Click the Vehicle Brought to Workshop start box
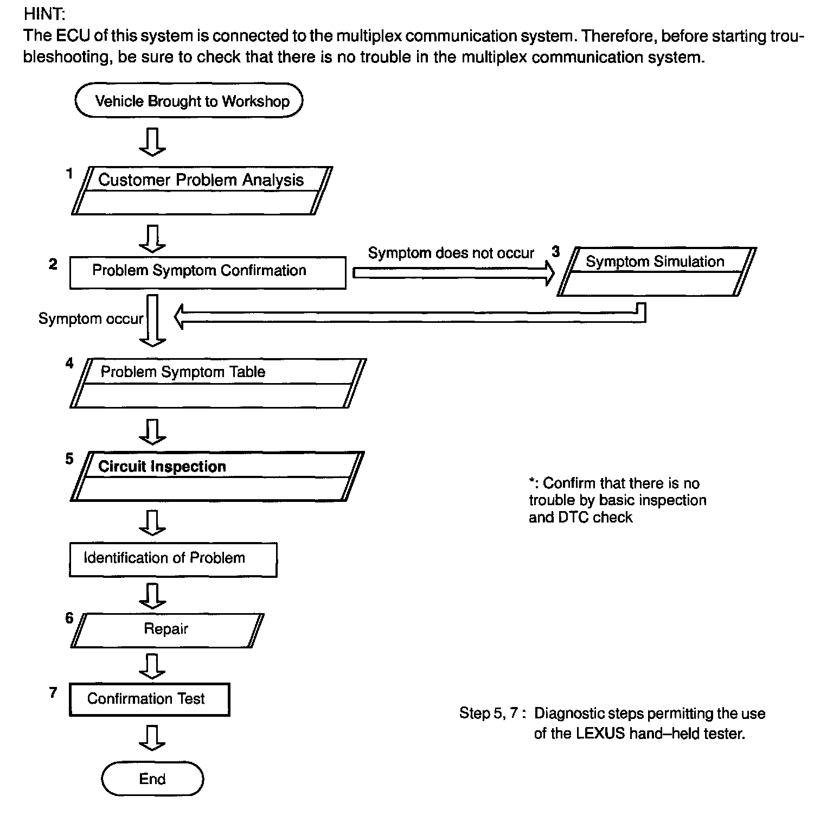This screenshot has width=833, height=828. [x=189, y=101]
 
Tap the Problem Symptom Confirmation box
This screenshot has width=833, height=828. [x=207, y=272]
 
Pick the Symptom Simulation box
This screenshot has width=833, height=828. [x=656, y=271]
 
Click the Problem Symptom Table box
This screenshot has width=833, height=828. [x=217, y=383]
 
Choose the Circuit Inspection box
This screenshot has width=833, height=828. [x=217, y=476]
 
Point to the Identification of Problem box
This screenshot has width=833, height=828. [x=172, y=559]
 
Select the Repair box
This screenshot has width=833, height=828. [x=166, y=630]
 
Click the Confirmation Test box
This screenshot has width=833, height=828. [x=149, y=699]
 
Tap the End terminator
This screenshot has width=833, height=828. [x=152, y=779]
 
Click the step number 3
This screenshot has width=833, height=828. [x=555, y=252]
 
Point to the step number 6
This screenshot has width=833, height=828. [x=69, y=618]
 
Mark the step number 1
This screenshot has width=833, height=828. [x=69, y=174]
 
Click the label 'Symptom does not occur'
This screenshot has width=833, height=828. [x=451, y=253]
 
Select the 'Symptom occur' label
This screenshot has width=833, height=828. [x=91, y=319]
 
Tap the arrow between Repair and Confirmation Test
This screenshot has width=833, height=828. [x=152, y=666]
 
